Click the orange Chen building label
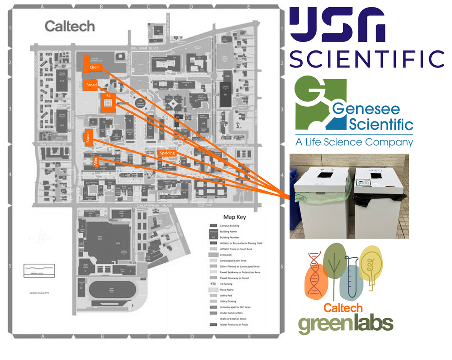coord(94,67)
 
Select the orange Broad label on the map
coord(92,85)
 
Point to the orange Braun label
coord(89,137)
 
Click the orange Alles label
coord(95,162)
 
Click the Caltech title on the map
coord(70,26)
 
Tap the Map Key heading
coord(235,216)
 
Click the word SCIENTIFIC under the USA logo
coord(367,58)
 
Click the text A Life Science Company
coord(354,142)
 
